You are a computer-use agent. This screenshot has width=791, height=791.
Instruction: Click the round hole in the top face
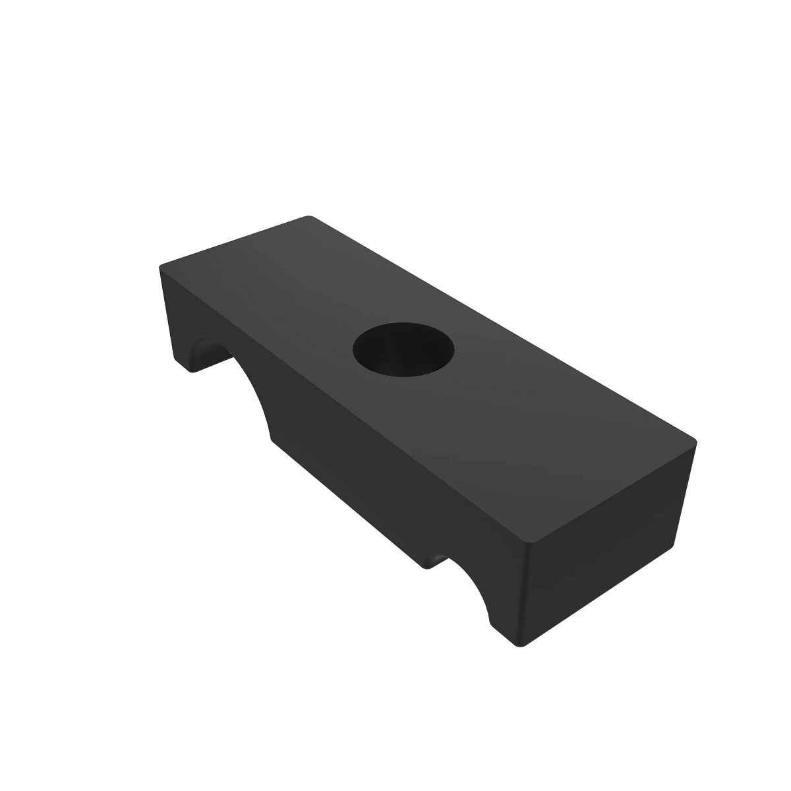pos(404,349)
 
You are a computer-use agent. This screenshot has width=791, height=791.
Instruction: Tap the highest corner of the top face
pos(308,217)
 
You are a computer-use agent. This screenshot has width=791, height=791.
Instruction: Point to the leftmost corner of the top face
pos(160,267)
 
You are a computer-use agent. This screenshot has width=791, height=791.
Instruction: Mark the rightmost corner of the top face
pos(695,439)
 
